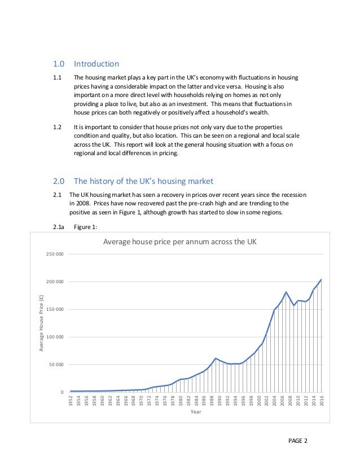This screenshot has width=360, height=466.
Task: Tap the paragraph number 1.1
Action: click(57, 78)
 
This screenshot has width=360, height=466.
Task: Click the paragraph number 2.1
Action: click(57, 195)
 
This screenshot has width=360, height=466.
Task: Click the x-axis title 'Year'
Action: click(195, 412)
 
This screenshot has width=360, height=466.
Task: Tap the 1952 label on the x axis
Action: click(71, 402)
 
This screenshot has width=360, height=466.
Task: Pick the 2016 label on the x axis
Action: click(321, 402)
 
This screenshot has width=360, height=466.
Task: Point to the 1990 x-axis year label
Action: click(219, 402)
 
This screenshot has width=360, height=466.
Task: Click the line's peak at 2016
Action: click(321, 279)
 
